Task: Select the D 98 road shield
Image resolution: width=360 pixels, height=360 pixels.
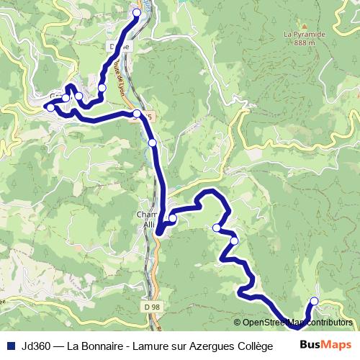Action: point(150,307)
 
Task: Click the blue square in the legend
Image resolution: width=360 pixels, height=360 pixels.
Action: point(11,346)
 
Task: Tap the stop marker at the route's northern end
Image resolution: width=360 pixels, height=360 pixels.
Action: point(137,12)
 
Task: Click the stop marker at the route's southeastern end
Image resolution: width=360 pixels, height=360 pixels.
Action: point(313,301)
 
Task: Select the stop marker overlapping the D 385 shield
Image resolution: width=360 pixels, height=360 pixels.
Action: point(137,113)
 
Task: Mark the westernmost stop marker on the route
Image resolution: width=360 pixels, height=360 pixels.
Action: point(50,107)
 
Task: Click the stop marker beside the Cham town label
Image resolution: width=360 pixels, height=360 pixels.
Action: point(172,218)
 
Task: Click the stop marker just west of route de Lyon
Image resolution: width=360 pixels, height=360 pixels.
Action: point(102,88)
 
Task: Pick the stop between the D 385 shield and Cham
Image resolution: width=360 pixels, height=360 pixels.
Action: point(152,143)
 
